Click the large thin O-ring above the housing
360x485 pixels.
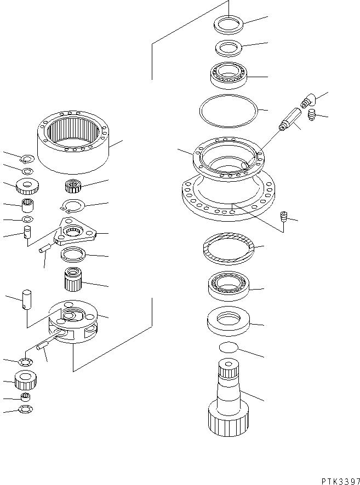click(227, 111)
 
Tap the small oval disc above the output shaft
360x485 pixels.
click(228, 348)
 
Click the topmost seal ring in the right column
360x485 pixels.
click(228, 25)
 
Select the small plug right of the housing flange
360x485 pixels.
click(284, 216)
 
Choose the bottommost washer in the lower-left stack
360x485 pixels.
click(25, 409)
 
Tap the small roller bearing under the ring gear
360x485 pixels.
click(73, 187)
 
